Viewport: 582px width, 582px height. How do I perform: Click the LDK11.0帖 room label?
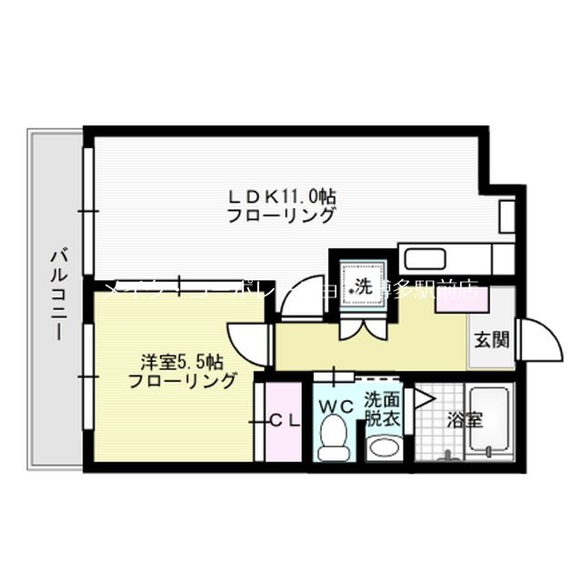coord(282,196)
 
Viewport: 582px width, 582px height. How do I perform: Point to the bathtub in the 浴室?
coord(489,423)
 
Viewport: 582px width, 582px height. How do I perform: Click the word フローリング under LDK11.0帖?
coord(281,216)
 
